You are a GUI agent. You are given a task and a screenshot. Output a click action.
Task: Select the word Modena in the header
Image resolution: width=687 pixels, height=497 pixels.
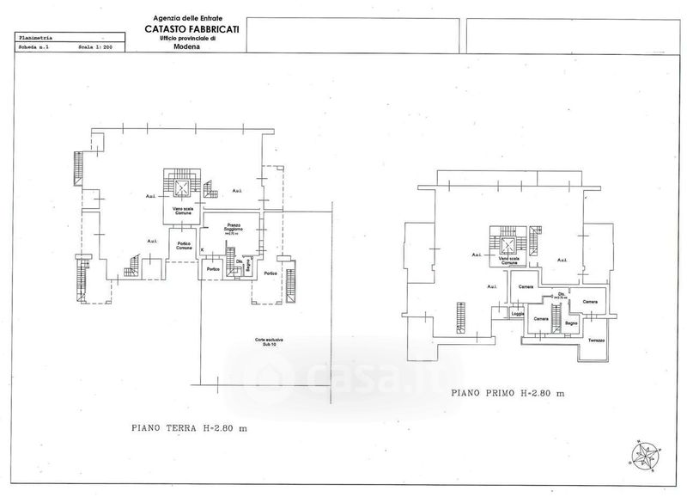click(185, 49)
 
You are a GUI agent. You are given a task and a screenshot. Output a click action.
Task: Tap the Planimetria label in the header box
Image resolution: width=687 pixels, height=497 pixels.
click(35, 38)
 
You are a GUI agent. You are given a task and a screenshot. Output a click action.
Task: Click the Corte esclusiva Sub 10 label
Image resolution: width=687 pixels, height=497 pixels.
click(268, 342)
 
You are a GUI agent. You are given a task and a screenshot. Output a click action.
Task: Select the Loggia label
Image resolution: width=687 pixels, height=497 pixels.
click(518, 313)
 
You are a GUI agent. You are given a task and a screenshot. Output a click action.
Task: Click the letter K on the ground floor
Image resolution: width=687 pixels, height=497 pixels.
click(203, 250)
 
